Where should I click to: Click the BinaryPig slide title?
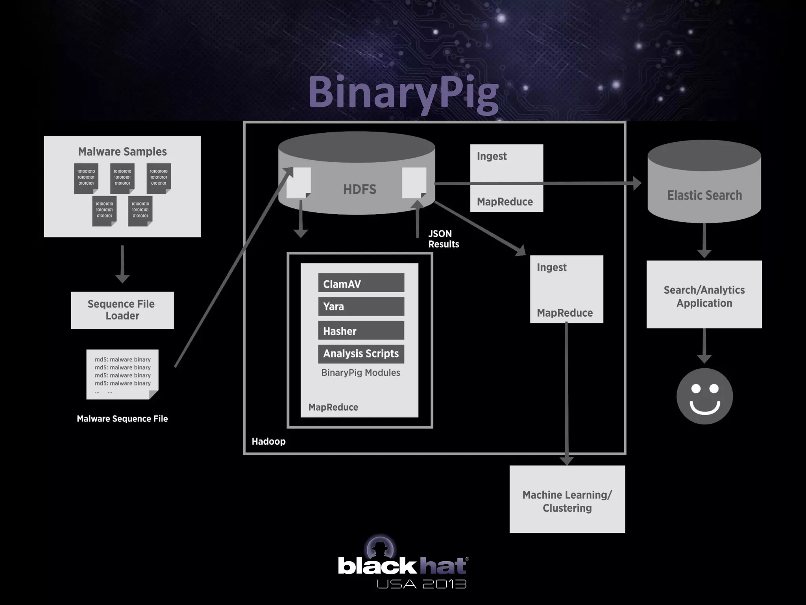coord(403,93)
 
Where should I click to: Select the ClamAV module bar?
coord(361,283)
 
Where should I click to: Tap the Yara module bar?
coord(361,306)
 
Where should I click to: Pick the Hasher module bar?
coord(361,330)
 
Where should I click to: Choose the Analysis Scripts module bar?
coord(361,354)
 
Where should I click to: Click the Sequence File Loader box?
coord(122,310)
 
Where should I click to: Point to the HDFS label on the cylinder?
coord(359,189)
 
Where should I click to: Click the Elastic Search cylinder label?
coord(704,195)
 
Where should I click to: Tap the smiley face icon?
coord(704,396)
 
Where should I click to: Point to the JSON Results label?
coord(443,239)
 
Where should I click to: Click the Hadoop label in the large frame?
coord(268,441)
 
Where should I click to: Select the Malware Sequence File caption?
coord(122,419)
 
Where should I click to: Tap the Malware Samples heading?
coord(122,152)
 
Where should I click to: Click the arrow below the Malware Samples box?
coord(122,264)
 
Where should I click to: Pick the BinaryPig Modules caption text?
coord(360,373)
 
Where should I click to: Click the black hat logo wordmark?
coord(402,566)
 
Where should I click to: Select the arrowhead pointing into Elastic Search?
coord(636,183)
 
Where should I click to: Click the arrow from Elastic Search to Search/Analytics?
coord(704,240)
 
